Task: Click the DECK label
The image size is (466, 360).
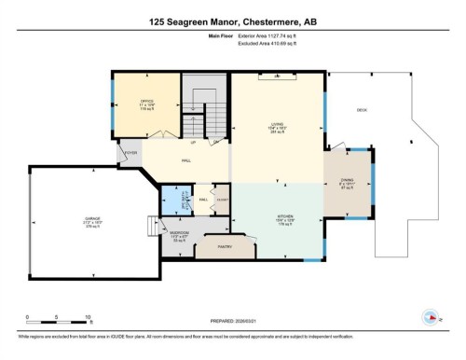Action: click(362, 109)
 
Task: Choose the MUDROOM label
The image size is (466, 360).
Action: click(180, 233)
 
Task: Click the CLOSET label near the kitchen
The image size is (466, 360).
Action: click(222, 199)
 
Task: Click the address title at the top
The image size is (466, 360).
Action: click(232, 18)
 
